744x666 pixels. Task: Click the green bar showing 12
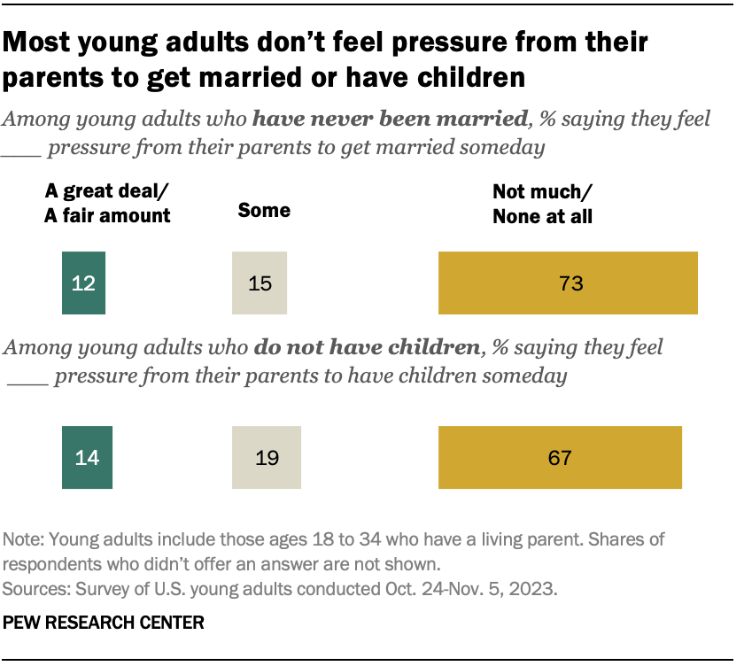pos(83,283)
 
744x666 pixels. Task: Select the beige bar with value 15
pos(260,283)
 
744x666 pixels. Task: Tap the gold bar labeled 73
pos(568,283)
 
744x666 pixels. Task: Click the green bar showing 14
pos(87,457)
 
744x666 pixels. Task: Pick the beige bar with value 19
pos(267,457)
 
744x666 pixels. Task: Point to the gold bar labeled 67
pos(560,457)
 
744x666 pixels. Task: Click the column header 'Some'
pos(264,210)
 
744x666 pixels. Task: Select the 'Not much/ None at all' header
pos(543,204)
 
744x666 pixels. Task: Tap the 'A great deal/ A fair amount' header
pos(107,204)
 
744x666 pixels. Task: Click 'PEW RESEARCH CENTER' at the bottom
pos(104,623)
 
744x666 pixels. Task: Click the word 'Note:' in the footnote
pos(25,539)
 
